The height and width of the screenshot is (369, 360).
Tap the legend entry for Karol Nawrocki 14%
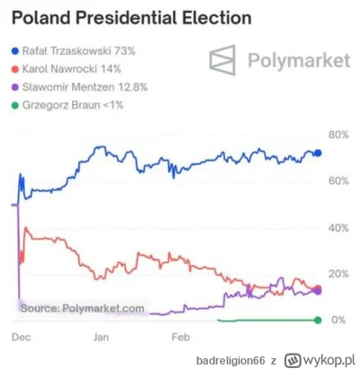coord(69,68)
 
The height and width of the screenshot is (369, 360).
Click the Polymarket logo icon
coord(226,61)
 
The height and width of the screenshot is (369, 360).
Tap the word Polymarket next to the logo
coord(292,61)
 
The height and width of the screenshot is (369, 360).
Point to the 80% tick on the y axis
coord(337,135)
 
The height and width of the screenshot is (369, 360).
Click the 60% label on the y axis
coord(337,181)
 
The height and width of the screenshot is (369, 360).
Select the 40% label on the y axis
coord(337,228)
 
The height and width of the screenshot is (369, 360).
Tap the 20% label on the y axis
coord(337,274)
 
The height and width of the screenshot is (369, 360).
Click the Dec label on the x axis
coord(22,338)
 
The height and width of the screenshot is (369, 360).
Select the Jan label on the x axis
coord(102,338)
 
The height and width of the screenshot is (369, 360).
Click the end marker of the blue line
coord(317,153)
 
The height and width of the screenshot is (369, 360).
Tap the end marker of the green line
coord(317,320)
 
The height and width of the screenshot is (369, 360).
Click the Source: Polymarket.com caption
coord(82,308)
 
